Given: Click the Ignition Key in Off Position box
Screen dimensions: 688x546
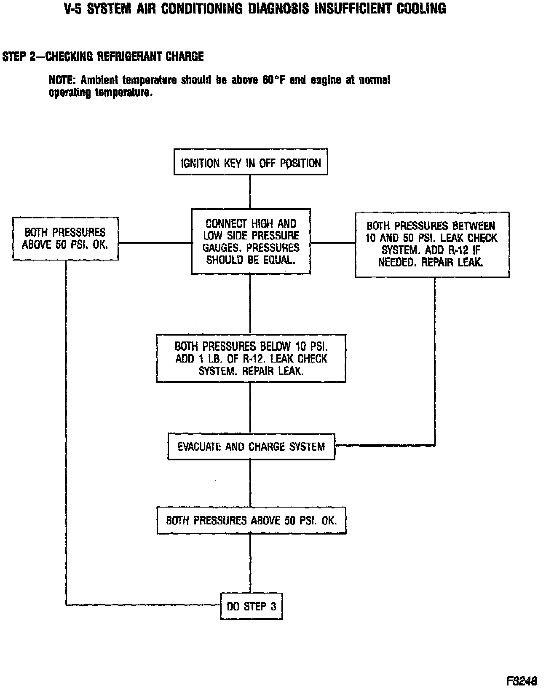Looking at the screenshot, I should pos(251,162).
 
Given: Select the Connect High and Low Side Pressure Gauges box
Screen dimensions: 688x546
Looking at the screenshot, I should pos(251,241).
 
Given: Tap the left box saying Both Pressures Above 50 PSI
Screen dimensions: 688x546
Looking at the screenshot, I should pos(65,238).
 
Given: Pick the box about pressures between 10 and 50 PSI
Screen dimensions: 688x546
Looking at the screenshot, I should pos(432,245).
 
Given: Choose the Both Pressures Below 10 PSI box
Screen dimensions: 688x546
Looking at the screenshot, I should pos(251,358).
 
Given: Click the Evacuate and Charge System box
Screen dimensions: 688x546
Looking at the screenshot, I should pos(251,446).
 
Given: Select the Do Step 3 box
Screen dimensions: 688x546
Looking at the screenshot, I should pos(251,606).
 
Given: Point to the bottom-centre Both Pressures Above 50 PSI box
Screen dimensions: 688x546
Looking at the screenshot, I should pos(251,521).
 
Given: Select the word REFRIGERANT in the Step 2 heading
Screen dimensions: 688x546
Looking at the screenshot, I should pos(129,56).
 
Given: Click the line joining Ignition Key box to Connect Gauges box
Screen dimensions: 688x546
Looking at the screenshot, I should pos(250,192).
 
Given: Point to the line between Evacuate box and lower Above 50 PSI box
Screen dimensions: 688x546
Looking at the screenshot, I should pos(250,483).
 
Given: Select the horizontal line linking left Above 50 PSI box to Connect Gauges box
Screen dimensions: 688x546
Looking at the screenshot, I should pos(155,242).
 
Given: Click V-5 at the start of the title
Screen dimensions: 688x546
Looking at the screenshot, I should pos(73,8).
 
